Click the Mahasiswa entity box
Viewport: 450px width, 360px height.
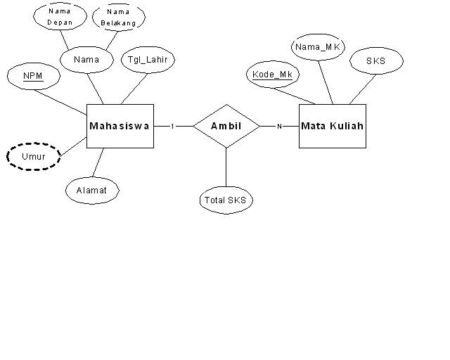click(120, 126)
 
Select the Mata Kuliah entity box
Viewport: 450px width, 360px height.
click(332, 126)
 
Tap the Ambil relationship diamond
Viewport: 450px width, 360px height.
click(226, 126)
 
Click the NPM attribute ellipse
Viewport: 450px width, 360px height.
click(32, 75)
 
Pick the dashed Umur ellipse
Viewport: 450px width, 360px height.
click(34, 156)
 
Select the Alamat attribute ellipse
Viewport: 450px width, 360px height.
click(92, 190)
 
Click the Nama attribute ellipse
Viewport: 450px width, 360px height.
click(86, 60)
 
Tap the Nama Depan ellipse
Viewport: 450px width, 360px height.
click(60, 16)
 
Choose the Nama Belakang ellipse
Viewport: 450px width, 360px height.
click(118, 16)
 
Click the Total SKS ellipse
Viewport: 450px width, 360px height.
click(226, 200)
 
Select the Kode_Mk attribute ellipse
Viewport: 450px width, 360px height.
click(271, 75)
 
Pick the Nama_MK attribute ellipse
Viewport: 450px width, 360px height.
click(319, 47)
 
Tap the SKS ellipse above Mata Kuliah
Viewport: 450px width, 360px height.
click(376, 60)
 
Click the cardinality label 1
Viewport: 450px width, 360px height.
click(172, 127)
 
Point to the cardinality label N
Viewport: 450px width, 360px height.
click(278, 127)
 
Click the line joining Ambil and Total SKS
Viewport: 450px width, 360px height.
click(226, 167)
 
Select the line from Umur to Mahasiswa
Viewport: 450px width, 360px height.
click(73, 146)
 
